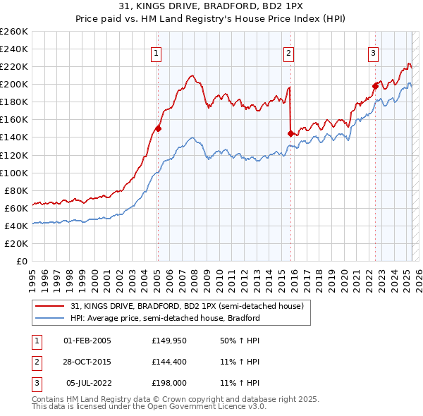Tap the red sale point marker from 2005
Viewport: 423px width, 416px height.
(x=158, y=128)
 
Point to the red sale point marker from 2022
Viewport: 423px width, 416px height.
(x=375, y=86)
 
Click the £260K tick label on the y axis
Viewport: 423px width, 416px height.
(x=14, y=32)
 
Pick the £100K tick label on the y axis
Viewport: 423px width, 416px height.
(x=14, y=173)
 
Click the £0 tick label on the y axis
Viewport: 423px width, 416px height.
(x=22, y=261)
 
